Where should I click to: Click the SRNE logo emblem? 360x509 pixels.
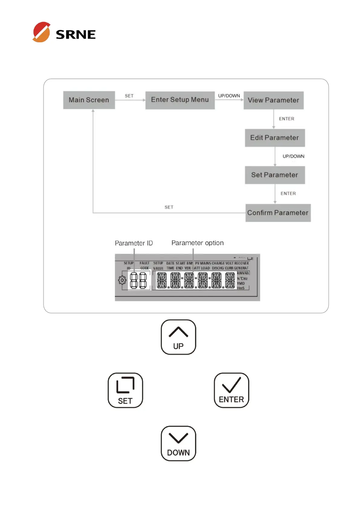pos(41,32)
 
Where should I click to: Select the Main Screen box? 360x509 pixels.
pos(89,100)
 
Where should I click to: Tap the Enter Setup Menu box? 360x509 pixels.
pos(180,100)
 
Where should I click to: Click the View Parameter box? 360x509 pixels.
pos(273,100)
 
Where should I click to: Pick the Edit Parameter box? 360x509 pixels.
pos(274,138)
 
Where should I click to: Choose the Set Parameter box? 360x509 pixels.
pos(274,175)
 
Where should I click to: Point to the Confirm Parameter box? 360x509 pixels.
pos(278,213)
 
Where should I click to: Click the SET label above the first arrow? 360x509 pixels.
pos(129,96)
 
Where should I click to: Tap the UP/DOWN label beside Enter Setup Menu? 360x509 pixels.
pos(229,96)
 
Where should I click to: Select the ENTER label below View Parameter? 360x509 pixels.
pos(286,119)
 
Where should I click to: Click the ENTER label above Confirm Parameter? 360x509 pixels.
pos(288,193)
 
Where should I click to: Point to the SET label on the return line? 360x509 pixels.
pos(169,207)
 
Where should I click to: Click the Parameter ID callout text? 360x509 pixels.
pos(134,243)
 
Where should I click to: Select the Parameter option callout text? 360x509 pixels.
pos(197,243)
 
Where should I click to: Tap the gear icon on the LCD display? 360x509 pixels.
pos(122,280)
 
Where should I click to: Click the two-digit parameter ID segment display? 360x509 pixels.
pos(138,280)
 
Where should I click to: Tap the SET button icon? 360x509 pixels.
pos(125,390)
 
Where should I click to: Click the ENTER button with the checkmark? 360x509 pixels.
pos(231,390)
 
